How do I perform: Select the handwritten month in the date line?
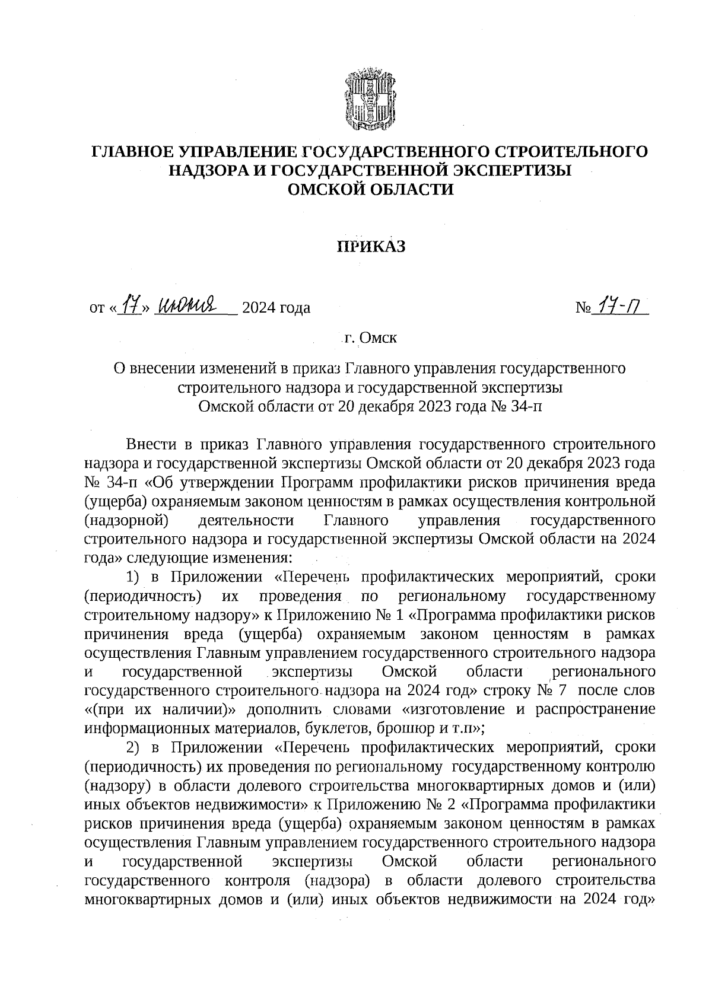[x=190, y=305]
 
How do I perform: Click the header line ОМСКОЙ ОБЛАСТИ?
[x=370, y=189]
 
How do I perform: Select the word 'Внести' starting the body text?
[x=151, y=444]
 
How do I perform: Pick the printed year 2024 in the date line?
[x=259, y=308]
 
